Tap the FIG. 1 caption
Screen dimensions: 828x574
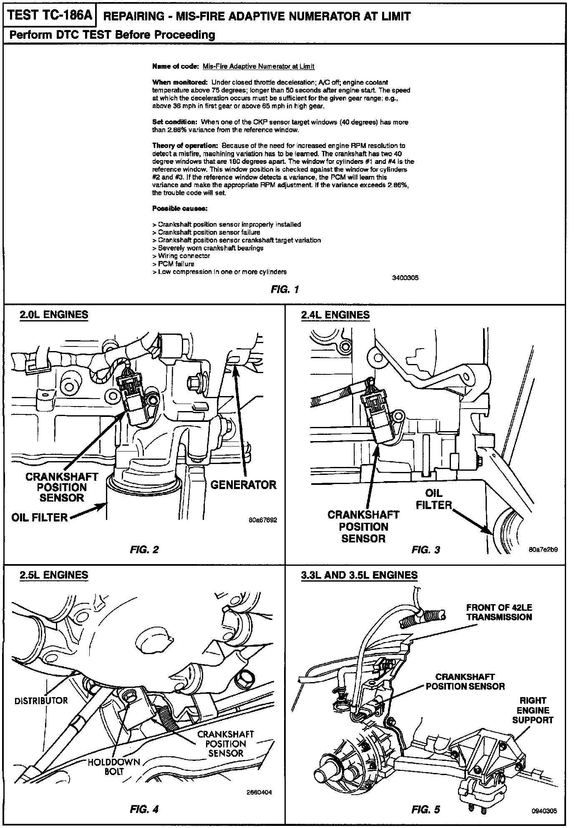coord(284,289)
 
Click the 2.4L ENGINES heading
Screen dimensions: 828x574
coord(335,315)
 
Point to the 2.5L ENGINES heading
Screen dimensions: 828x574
coord(54,575)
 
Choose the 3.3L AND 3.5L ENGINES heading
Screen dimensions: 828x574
coord(359,575)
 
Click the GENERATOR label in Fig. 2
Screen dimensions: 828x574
coord(243,485)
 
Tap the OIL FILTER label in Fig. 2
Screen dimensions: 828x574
coord(40,517)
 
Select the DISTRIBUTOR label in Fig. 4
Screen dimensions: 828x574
coord(41,700)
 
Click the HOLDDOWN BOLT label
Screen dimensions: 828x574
coord(114,766)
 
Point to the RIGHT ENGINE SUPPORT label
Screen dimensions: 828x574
coord(533,710)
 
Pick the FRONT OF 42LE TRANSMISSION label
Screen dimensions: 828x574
coord(499,612)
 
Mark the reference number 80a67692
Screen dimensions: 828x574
coord(263,520)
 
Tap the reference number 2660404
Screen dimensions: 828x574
coord(259,793)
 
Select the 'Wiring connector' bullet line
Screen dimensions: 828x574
coord(181,256)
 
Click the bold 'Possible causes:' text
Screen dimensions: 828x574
coord(180,208)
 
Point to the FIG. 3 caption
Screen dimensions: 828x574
coord(425,549)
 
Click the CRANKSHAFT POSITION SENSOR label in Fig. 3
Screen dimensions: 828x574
coord(363,527)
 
